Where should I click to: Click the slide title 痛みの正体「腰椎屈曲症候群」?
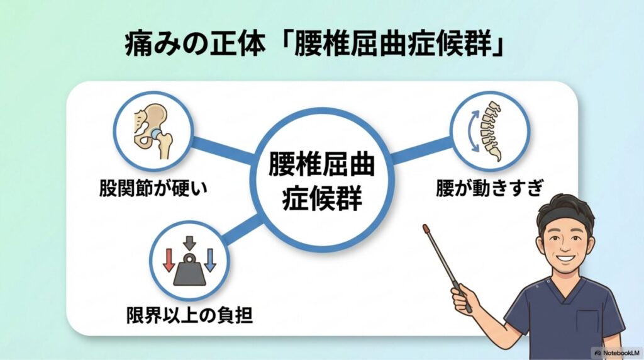click(314, 45)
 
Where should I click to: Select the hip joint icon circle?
click(153, 131)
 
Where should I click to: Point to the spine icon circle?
click(490, 131)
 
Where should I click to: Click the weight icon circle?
click(189, 261)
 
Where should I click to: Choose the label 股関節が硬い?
click(153, 189)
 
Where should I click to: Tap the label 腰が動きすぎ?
click(489, 188)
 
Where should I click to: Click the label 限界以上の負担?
click(189, 315)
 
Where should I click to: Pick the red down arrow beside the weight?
click(169, 260)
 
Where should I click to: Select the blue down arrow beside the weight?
click(210, 260)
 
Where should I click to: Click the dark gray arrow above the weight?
click(189, 243)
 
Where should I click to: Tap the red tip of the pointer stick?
click(426, 227)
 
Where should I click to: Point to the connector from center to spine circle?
click(421, 150)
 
